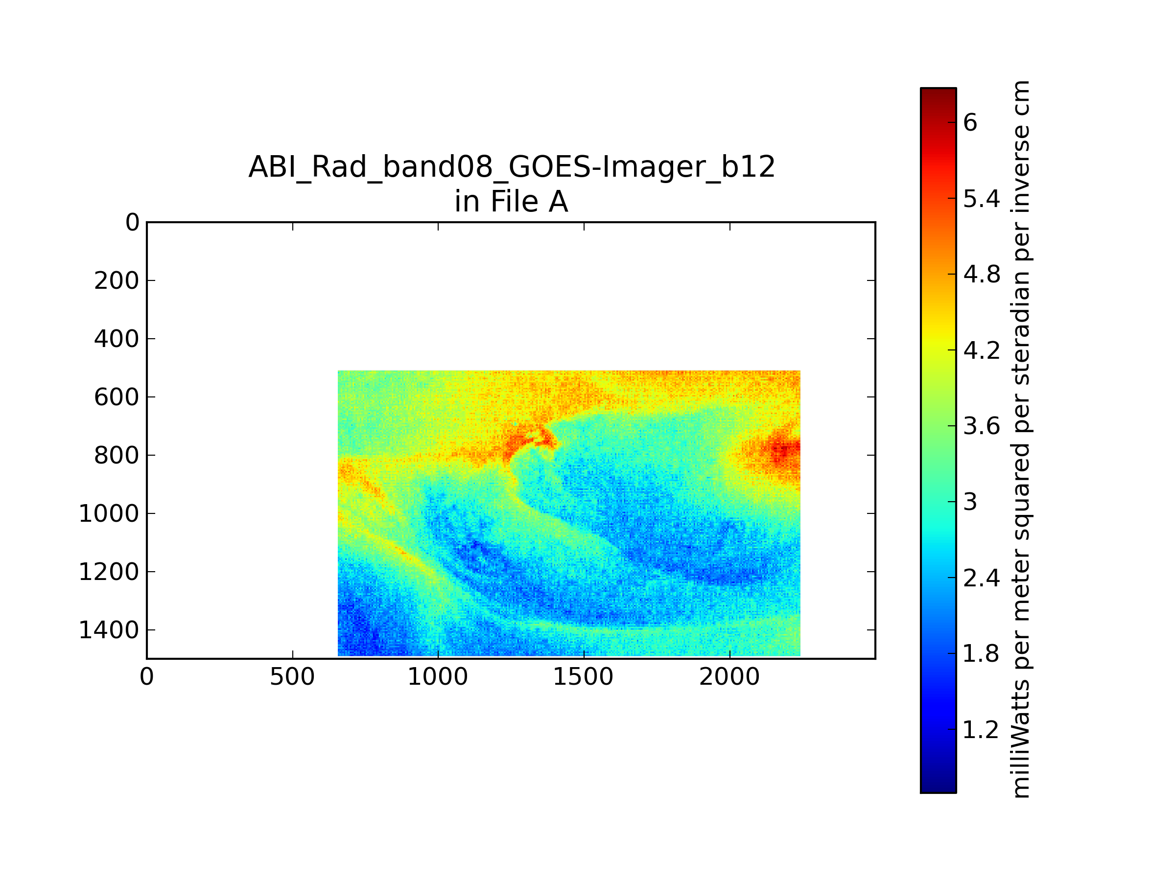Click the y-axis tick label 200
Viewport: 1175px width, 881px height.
[x=117, y=281]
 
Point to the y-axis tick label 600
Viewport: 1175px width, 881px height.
[x=117, y=397]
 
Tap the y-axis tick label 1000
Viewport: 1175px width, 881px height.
[x=109, y=514]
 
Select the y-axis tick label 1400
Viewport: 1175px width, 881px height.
[x=109, y=630]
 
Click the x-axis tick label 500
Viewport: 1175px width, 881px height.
[x=292, y=677]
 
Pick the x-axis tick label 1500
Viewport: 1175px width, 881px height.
[x=583, y=677]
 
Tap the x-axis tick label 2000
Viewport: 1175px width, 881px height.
[x=729, y=677]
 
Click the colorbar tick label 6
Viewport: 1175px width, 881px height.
[x=970, y=123]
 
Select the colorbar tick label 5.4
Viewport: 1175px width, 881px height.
[x=982, y=199]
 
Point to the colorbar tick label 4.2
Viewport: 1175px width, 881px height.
[x=982, y=350]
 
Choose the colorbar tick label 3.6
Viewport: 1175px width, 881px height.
[x=982, y=426]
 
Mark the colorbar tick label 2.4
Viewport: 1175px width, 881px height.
[x=982, y=578]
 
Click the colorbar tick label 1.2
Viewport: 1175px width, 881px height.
[x=981, y=730]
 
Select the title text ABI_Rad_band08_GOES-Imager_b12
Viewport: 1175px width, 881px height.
[x=512, y=167]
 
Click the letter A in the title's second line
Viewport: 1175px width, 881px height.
[x=558, y=202]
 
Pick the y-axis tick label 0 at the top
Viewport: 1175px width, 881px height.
[x=132, y=223]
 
